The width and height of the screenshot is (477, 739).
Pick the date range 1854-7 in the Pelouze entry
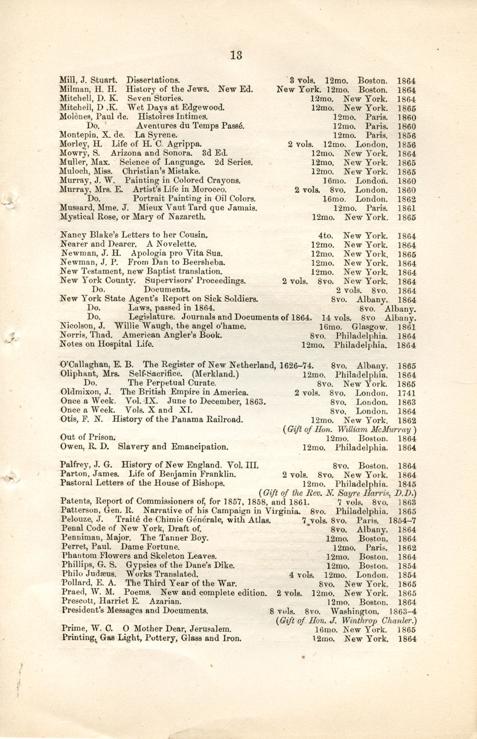(402, 521)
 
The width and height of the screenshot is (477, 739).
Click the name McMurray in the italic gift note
(392, 429)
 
